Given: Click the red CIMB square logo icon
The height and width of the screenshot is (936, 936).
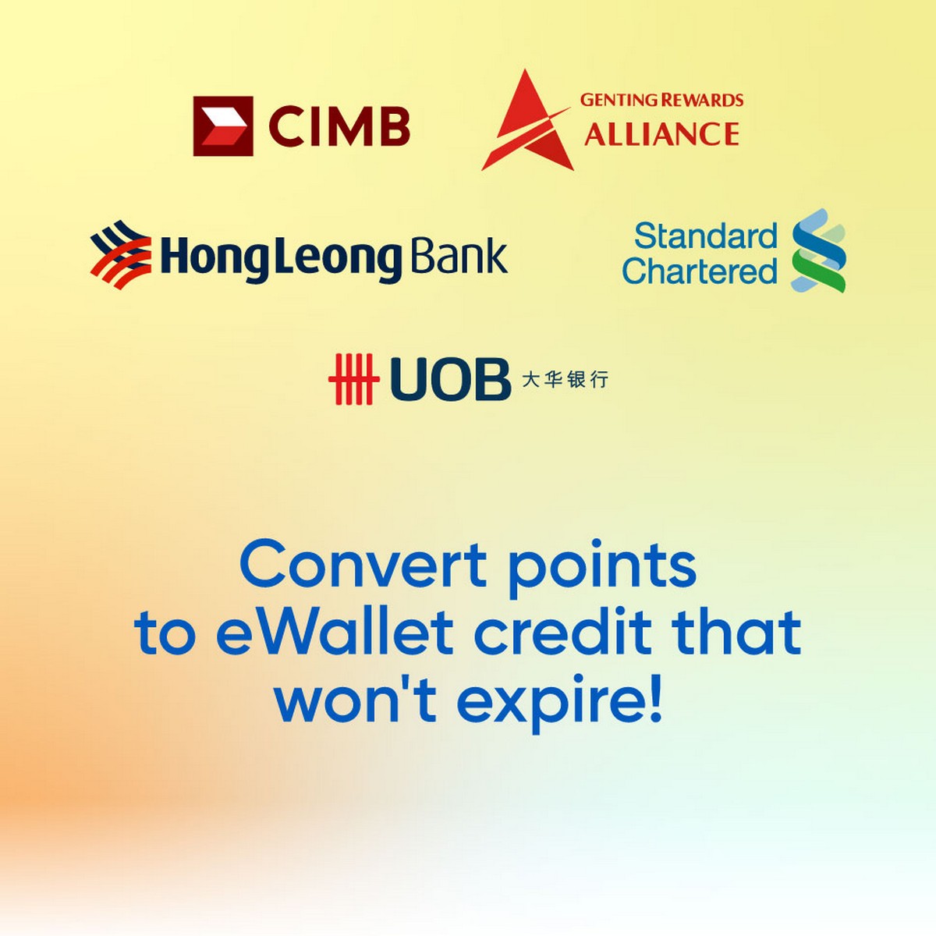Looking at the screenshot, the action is click(x=223, y=126).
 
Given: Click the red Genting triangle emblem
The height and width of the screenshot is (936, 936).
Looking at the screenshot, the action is click(x=526, y=120).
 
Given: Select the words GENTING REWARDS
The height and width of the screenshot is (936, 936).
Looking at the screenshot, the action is click(x=661, y=100).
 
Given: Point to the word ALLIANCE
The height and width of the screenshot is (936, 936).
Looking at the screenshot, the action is click(x=661, y=133).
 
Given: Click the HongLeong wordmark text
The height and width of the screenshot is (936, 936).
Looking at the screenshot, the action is click(x=282, y=258).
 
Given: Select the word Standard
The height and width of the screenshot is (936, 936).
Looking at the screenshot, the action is click(x=706, y=236).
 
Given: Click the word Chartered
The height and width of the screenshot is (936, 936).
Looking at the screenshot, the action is click(x=700, y=270).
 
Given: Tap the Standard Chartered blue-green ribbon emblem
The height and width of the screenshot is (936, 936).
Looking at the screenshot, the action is click(x=818, y=250).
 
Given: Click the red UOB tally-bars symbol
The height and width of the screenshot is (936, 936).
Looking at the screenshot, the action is click(x=353, y=379).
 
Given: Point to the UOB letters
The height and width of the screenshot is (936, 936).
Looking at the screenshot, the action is click(x=450, y=379).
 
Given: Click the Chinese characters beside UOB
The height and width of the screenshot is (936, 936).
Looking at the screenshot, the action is click(x=565, y=379).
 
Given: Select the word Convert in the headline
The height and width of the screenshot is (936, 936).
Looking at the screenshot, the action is click(x=363, y=565).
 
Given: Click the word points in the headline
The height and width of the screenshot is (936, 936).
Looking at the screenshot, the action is click(x=602, y=569).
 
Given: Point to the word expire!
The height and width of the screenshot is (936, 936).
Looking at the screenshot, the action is click(x=559, y=704).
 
